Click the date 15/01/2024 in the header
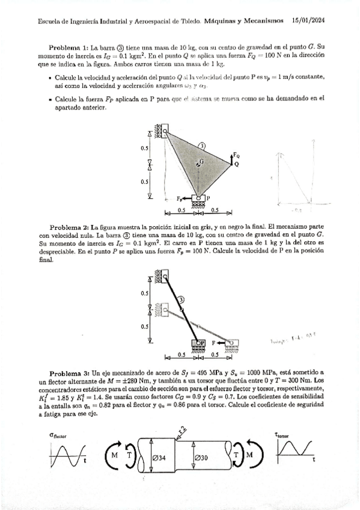pyautogui.click(x=308, y=20)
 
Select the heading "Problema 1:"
pyautogui.click(x=69, y=46)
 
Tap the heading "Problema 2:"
pyautogui.click(x=69, y=227)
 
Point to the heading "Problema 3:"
pyautogui.click(x=69, y=373)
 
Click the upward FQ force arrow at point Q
pyautogui.click(x=232, y=158)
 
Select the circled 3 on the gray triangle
pyautogui.click(x=202, y=146)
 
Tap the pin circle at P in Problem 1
pyautogui.click(x=198, y=197)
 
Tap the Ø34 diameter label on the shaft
pyautogui.click(x=159, y=458)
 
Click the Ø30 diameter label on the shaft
pyautogui.click(x=203, y=458)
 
